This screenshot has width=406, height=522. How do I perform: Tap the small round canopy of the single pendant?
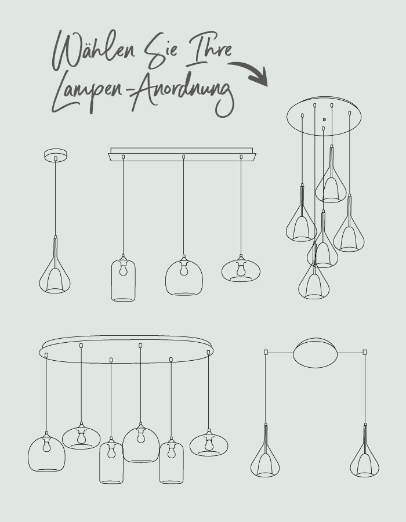point(56,155)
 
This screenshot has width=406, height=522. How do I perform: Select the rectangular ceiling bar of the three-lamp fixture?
point(182,155)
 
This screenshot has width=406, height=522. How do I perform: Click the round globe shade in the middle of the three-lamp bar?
point(184,277)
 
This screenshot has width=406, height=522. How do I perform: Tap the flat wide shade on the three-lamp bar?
point(241,270)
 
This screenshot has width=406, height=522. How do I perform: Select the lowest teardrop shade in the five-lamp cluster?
point(314,284)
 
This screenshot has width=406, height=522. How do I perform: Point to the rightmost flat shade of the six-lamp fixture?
point(209,444)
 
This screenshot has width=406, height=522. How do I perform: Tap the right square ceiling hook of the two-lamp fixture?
point(365,352)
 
